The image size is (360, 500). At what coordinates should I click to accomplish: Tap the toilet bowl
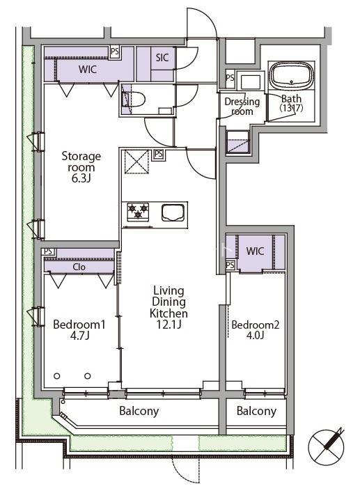[x=134, y=99]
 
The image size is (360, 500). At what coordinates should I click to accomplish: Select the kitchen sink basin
[x=173, y=212]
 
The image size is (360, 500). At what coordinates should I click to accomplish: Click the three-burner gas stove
[x=138, y=212]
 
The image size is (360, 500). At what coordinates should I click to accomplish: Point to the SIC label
[x=162, y=58]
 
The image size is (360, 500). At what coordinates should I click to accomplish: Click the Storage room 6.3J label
[x=81, y=167]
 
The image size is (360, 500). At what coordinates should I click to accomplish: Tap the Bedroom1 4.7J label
[x=79, y=329]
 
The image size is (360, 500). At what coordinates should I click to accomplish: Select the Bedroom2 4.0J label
[x=255, y=329]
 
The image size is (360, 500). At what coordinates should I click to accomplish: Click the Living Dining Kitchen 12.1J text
[x=169, y=307]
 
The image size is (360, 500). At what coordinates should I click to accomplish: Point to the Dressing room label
[x=242, y=106]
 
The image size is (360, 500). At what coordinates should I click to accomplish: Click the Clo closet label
[x=79, y=267]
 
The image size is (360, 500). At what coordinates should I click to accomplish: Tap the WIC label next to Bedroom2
[x=255, y=251]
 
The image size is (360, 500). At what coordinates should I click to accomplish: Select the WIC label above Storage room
[x=87, y=69]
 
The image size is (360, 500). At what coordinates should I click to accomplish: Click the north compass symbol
[x=326, y=446]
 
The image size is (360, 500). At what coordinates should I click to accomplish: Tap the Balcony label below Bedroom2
[x=256, y=411]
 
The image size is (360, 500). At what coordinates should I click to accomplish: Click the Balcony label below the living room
[x=139, y=411]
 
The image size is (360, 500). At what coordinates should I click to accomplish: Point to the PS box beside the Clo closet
[x=48, y=252]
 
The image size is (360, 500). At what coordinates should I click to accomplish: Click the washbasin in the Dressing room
[x=251, y=81]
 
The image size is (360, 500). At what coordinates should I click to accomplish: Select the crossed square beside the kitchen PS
[x=136, y=162]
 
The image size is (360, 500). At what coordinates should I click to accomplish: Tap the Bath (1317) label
[x=291, y=103]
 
